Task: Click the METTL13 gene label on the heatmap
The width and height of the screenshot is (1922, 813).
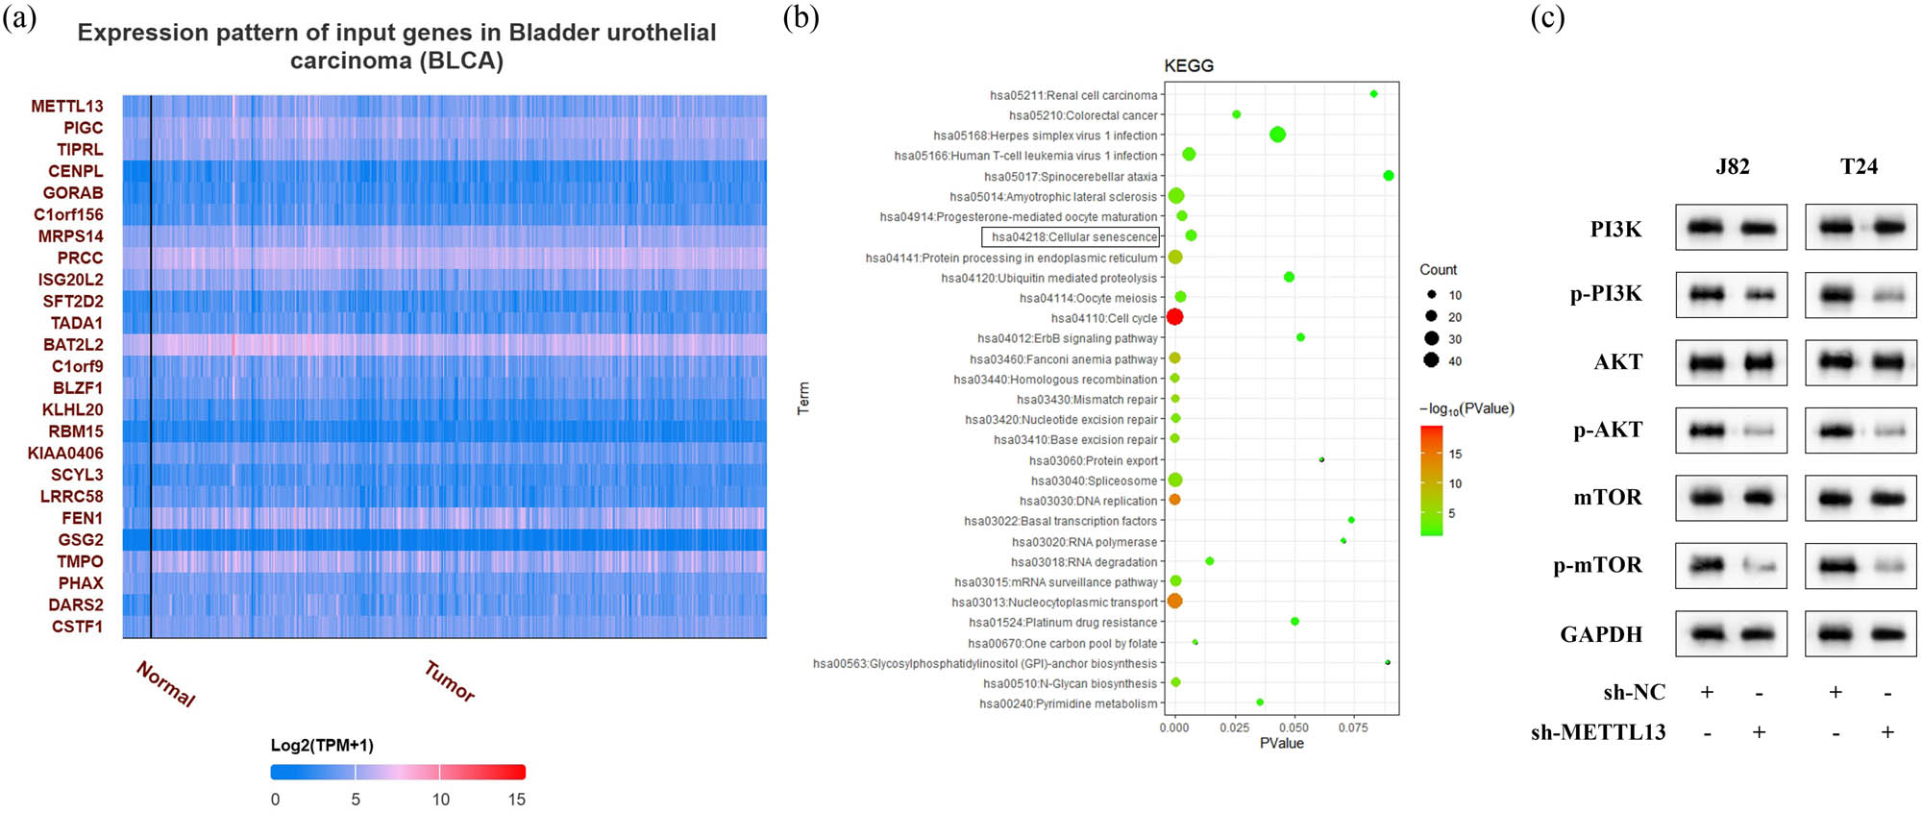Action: click(66, 106)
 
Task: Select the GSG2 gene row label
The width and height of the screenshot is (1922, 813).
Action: click(81, 540)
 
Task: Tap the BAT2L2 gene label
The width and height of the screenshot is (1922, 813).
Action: click(73, 344)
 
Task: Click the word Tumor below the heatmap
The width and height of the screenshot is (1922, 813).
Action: click(450, 681)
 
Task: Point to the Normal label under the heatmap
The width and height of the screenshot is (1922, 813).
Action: click(166, 684)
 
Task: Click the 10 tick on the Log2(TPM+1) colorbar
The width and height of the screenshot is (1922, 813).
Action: click(440, 800)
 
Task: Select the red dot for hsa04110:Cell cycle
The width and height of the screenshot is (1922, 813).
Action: click(1174, 317)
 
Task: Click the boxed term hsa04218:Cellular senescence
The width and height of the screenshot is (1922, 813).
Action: click(1071, 237)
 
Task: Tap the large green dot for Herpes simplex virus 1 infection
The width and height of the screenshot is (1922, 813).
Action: click(1277, 135)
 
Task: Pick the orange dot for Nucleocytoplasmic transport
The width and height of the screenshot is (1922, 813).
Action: click(1174, 602)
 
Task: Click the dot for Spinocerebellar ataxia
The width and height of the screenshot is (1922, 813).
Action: click(1388, 176)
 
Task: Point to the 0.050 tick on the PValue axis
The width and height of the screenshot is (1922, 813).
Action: click(1294, 727)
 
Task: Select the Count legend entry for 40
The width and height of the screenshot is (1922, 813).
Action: click(1432, 360)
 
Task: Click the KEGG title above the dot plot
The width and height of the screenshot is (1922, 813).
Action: click(1189, 65)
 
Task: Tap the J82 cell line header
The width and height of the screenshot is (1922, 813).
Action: click(1732, 166)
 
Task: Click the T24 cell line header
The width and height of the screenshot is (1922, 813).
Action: click(1859, 166)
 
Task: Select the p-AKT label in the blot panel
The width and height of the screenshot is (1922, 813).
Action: click(1607, 431)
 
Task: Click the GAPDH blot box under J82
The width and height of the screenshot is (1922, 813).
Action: click(1731, 634)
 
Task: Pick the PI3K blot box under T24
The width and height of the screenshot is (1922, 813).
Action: click(1860, 228)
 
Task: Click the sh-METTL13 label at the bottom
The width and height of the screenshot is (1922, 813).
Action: click(1598, 732)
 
